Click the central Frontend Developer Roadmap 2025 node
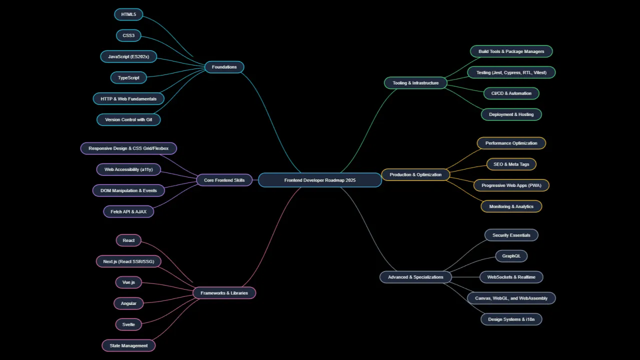(320, 180)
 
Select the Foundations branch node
(224, 67)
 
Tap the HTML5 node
(129, 14)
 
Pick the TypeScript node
(129, 77)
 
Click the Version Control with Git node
(129, 119)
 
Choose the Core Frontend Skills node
(224, 180)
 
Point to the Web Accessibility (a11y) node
(129, 169)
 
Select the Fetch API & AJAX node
(129, 211)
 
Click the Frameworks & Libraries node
(224, 293)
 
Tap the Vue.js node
(129, 282)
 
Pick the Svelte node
(129, 324)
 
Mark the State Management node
(129, 345)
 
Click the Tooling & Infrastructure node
(415, 83)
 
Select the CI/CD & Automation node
(511, 93)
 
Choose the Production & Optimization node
(415, 174)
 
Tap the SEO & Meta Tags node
(511, 164)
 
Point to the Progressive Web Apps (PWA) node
(511, 185)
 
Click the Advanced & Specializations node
(415, 277)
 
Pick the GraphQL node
(511, 256)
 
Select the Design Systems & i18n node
(511, 319)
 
